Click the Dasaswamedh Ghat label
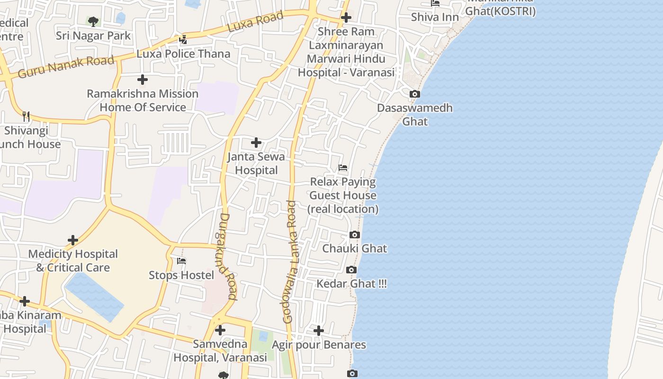coord(415,115)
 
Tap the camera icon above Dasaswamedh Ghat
coord(415,94)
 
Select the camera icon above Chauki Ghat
coord(354,235)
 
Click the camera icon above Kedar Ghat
coord(351,270)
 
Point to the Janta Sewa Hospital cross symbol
coord(256,142)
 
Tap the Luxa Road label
coord(255,22)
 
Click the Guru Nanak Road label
coord(66,67)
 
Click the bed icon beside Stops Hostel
coord(181,261)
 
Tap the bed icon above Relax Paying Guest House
coord(343,168)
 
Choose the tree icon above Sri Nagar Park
coord(93,21)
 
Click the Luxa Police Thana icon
coord(183,39)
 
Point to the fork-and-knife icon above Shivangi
coord(26,116)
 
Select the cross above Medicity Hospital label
coord(72,240)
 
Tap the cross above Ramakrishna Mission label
coord(142,80)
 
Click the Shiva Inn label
coord(435,17)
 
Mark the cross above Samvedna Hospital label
coord(220,330)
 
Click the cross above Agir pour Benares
coord(319,330)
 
